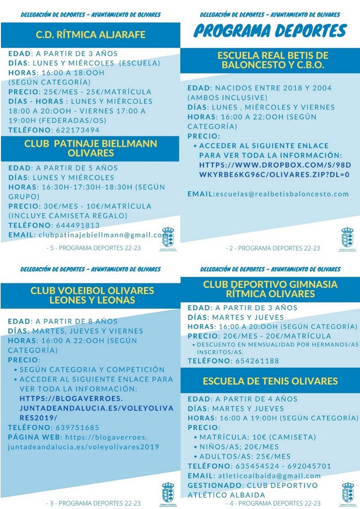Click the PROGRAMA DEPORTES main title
point(270,31)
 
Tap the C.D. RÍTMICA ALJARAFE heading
point(90,35)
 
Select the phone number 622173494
point(76,130)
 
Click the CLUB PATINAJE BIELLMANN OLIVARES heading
point(90,148)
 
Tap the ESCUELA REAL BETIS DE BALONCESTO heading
point(273,60)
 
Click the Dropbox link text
point(274,170)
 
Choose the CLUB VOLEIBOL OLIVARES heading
point(92,295)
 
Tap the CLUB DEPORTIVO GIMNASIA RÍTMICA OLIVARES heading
point(270,289)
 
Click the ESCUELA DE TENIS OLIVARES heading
point(270,381)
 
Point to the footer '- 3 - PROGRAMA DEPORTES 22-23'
point(93,503)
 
